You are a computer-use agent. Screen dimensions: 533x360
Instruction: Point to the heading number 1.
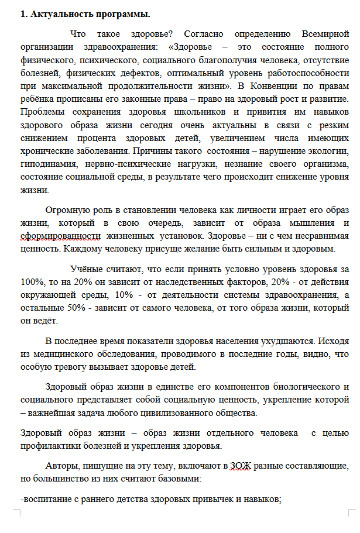(x=24, y=14)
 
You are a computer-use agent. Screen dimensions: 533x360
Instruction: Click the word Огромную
(x=68, y=209)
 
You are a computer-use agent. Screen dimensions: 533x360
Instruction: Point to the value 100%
(x=31, y=282)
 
